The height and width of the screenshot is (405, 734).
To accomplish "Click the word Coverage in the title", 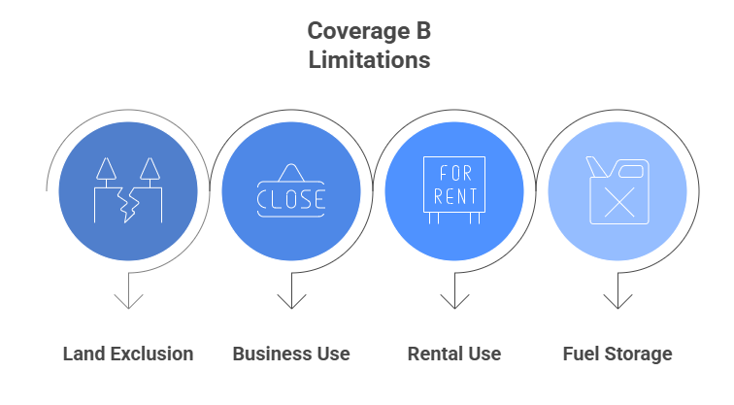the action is pos(357,32).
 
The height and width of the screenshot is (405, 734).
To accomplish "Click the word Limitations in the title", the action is pos(369,60).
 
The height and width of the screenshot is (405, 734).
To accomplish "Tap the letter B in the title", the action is pos(422,31).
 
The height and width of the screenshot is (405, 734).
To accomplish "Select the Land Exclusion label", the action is pos(128,354).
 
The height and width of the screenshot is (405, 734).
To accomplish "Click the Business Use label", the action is pos(291,354).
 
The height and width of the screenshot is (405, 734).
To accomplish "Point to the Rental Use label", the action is pos(454,354).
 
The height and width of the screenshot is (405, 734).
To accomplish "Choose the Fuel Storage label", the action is pos(617,354).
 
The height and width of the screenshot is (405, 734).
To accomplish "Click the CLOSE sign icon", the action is pos(291,190).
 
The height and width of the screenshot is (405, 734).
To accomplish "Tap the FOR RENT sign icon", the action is pos(454,190).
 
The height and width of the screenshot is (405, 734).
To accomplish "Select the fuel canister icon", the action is pos(617,190).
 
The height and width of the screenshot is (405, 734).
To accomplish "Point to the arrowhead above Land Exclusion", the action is pos(128,301).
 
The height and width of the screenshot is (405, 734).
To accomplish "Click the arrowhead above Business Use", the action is pos(291,301).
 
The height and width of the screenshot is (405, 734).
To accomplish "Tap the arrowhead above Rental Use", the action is pos(454,301).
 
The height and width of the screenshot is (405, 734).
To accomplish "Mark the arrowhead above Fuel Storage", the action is pos(617,301).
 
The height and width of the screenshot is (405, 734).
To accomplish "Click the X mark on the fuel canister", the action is pos(619,202).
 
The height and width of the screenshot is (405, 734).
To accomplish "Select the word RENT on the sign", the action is pos(454,196).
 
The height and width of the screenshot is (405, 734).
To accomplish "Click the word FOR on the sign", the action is pos(455,174).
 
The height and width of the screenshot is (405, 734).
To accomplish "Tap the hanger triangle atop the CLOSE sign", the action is pos(291,172).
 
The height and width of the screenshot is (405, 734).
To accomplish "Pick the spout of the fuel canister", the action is pos(597,167).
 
